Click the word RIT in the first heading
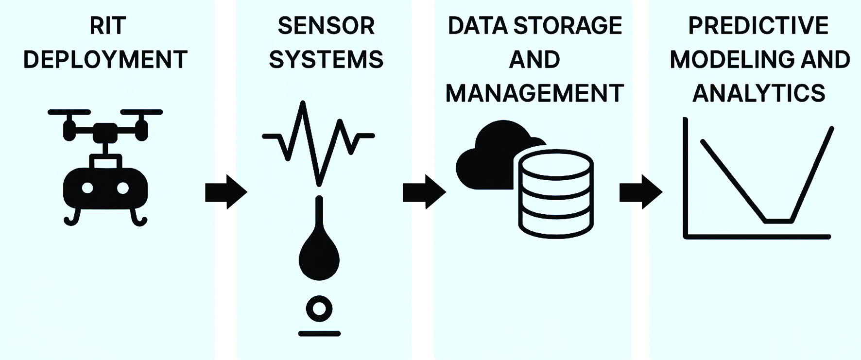tap(108, 26)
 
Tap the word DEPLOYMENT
tap(105, 60)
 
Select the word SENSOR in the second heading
tap(326, 26)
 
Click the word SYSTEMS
tap(326, 60)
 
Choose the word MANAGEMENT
tap(534, 93)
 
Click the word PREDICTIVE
tap(758, 26)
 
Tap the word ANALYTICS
tap(758, 93)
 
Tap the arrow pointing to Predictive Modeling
tap(640, 192)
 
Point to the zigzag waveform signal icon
tap(318, 141)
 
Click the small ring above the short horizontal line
tap(319, 309)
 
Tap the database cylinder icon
tap(556, 194)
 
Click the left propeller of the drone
tap(69, 113)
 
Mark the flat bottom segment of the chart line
tap(779, 222)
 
